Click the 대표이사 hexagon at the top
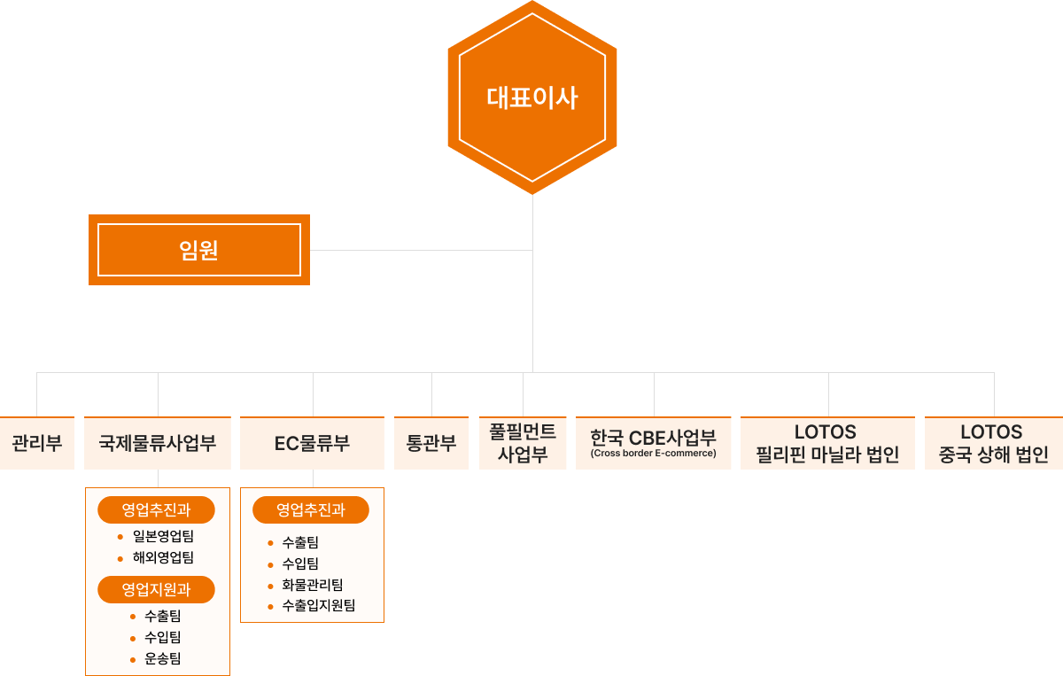531,97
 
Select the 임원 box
199,250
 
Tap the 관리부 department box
36,443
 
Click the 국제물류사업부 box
158,443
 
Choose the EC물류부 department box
312,443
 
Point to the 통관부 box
431,443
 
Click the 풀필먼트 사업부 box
523,443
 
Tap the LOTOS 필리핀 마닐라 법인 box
827,443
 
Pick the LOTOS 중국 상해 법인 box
993,443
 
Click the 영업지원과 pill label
157,588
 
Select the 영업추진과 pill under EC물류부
311,509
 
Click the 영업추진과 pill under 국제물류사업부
157,509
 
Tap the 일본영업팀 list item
163,536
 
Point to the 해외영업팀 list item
163,557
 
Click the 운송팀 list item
162,658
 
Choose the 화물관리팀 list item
313,585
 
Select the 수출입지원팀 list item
319,606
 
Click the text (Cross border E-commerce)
654,454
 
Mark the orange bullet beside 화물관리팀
270,586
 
